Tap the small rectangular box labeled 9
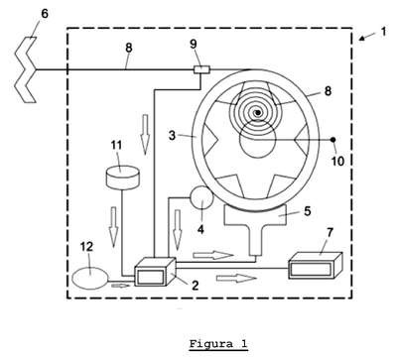(x=201, y=69)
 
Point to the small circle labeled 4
(x=201, y=197)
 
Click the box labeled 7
(x=315, y=266)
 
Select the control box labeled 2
(x=155, y=272)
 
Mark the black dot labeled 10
(x=333, y=140)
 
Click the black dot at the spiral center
(x=257, y=113)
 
